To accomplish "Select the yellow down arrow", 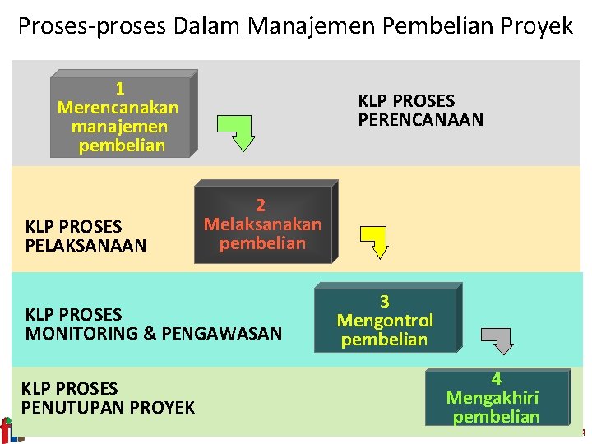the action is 377,242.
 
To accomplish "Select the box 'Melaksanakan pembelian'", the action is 263,224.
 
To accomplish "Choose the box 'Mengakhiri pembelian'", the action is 496,398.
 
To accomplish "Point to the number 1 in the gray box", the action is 120,89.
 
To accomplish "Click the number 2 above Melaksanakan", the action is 261,206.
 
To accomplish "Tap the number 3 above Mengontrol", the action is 384,302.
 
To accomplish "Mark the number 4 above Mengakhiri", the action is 496,379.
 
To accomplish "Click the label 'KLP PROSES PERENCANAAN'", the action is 420,110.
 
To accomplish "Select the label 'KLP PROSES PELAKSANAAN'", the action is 86,236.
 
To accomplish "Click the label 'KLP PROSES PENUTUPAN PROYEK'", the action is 108,398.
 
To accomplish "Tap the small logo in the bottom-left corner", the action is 7,429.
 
